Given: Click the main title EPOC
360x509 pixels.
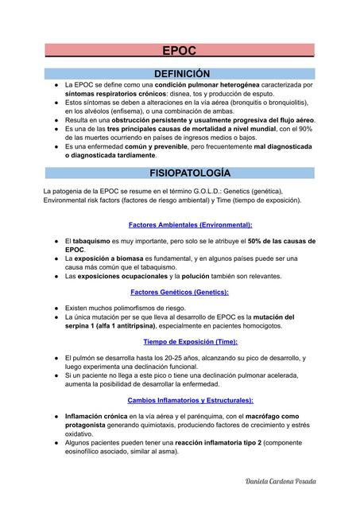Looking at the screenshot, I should (180, 50).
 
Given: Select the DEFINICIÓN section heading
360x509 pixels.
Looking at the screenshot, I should (180, 72).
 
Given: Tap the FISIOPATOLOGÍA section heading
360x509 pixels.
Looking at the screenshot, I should (180, 173).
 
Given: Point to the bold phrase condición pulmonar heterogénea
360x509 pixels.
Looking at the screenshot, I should (206, 84).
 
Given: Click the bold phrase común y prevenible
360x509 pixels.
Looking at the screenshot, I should (159, 147).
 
